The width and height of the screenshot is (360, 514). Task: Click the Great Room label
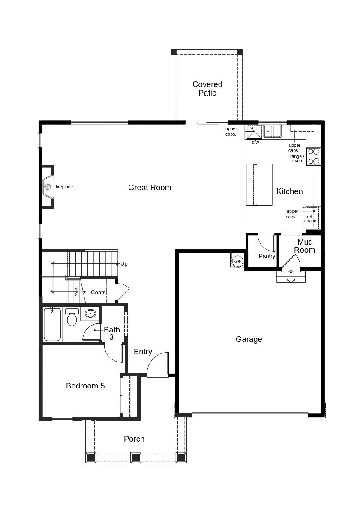(x=150, y=188)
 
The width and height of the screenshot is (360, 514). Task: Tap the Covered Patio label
(x=207, y=89)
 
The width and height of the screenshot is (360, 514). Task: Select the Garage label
(x=249, y=339)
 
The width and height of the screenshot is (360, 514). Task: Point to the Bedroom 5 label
(x=85, y=386)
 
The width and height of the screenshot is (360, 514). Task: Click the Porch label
(x=134, y=439)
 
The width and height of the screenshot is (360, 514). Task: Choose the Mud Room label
(x=305, y=246)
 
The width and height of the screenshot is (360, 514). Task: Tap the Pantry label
(x=267, y=256)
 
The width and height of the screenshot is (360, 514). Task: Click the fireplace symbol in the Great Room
(x=48, y=187)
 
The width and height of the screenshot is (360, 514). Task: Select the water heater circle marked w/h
(x=237, y=262)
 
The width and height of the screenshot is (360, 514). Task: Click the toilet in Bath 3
(x=72, y=317)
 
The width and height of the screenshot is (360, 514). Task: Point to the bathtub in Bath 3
(x=52, y=325)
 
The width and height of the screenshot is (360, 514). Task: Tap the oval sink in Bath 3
(x=90, y=314)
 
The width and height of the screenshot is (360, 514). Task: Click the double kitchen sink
(x=272, y=131)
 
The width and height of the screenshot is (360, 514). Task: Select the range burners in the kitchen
(x=314, y=156)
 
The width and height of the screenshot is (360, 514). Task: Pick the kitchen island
(x=259, y=185)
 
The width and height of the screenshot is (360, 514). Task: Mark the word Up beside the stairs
(x=124, y=264)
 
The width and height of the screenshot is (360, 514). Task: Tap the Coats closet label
(x=98, y=293)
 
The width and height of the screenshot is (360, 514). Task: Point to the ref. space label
(x=310, y=219)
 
